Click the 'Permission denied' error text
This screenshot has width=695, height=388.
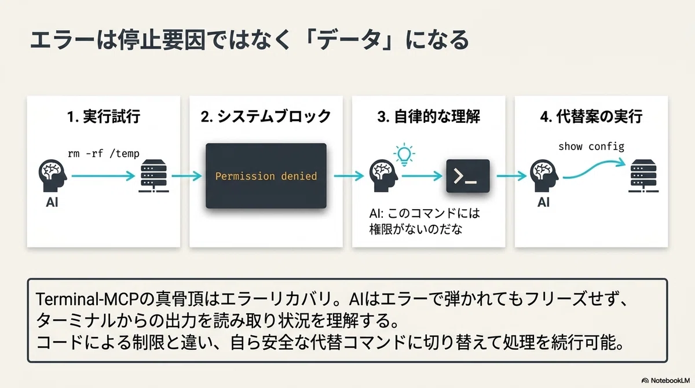[266, 176]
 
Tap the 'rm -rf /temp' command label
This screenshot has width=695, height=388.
[104, 153]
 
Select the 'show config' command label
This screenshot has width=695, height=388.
[591, 147]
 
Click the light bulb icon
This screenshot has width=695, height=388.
[404, 155]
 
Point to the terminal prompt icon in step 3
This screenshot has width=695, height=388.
[468, 176]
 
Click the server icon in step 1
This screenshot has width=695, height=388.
[153, 176]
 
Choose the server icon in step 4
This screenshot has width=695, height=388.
[643, 176]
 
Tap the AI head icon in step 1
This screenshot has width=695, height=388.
[53, 175]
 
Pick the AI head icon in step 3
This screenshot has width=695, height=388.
[383, 175]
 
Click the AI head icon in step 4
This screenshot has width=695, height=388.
[544, 175]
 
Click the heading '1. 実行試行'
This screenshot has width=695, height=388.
[104, 116]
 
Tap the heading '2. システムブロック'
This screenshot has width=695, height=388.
[266, 116]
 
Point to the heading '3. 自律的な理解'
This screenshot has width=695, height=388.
[429, 116]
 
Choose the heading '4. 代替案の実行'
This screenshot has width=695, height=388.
[591, 116]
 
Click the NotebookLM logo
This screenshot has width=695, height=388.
[665, 380]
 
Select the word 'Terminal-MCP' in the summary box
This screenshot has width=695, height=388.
[87, 299]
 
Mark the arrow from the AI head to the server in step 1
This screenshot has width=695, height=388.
[103, 176]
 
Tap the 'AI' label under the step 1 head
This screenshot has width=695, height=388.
[52, 202]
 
